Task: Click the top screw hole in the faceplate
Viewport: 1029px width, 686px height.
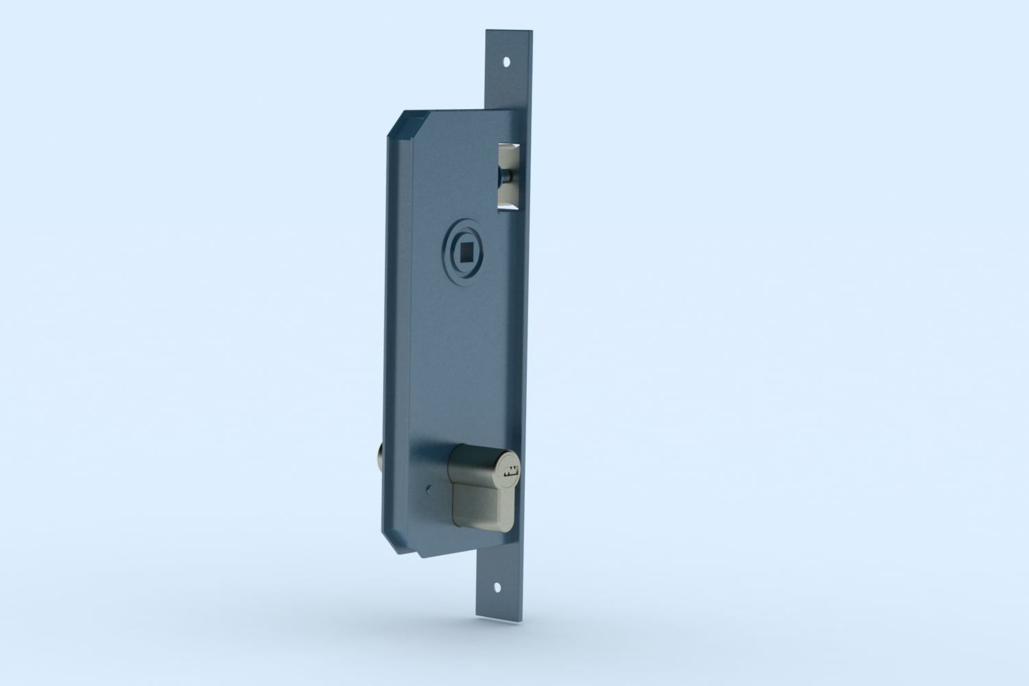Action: click(x=507, y=61)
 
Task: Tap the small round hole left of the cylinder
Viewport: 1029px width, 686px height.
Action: click(x=428, y=490)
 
